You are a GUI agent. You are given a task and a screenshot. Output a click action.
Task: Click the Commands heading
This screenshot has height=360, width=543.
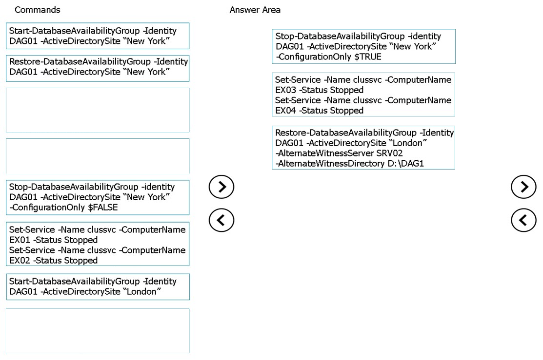38,10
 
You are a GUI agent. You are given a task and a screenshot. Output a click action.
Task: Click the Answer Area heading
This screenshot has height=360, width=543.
255,10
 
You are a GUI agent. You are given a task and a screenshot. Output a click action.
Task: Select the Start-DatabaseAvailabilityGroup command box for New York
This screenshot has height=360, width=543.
98,36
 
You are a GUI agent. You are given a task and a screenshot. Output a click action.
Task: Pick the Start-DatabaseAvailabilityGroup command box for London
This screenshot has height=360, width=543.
98,287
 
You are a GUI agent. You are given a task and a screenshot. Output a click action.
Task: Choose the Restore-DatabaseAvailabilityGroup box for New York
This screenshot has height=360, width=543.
98,68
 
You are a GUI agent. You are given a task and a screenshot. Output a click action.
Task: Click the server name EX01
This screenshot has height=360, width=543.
20,240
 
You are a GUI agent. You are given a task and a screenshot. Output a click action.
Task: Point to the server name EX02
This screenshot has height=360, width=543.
20,261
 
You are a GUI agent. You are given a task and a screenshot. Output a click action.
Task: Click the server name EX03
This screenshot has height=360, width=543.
286,90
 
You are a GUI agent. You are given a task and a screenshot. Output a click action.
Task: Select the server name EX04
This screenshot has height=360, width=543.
286,110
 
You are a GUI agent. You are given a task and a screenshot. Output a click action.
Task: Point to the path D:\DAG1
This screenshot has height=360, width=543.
405,163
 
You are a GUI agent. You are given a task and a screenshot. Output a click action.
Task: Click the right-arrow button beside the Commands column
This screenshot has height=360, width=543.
221,187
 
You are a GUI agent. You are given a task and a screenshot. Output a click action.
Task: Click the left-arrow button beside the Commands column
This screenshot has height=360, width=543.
221,220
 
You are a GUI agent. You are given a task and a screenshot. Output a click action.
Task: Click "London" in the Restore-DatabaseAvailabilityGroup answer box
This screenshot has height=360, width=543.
408,143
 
